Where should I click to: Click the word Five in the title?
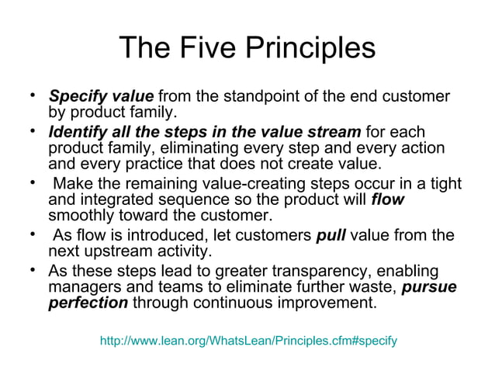coord(207,48)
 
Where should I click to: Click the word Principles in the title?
coord(311,48)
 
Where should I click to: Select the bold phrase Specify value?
coord(101,97)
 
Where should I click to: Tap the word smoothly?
coord(82,216)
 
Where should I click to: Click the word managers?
coord(82,286)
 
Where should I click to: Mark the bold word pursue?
coord(430,286)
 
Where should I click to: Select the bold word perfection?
coord(88,303)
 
